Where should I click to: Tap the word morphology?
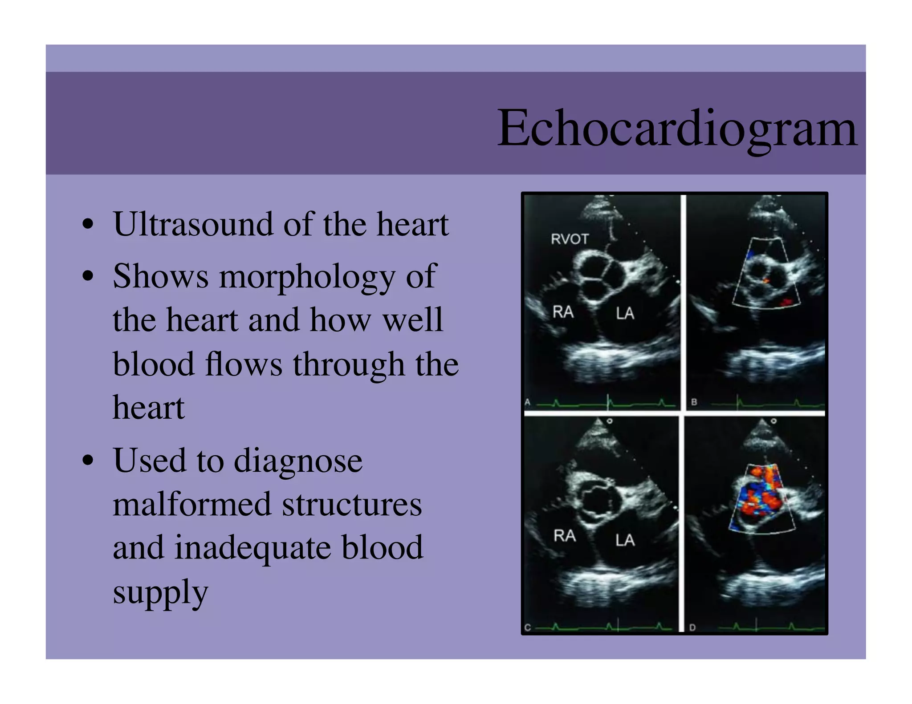[307, 277]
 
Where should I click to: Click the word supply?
[160, 592]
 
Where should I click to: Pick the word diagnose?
[298, 461]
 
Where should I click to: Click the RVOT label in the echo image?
[570, 239]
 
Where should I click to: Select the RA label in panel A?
[563, 312]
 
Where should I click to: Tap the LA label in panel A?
[625, 314]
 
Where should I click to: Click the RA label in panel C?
[564, 535]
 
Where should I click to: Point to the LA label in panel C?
[625, 540]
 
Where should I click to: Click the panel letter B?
[694, 402]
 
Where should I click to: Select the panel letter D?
[692, 627]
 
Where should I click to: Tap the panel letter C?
[528, 627]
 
